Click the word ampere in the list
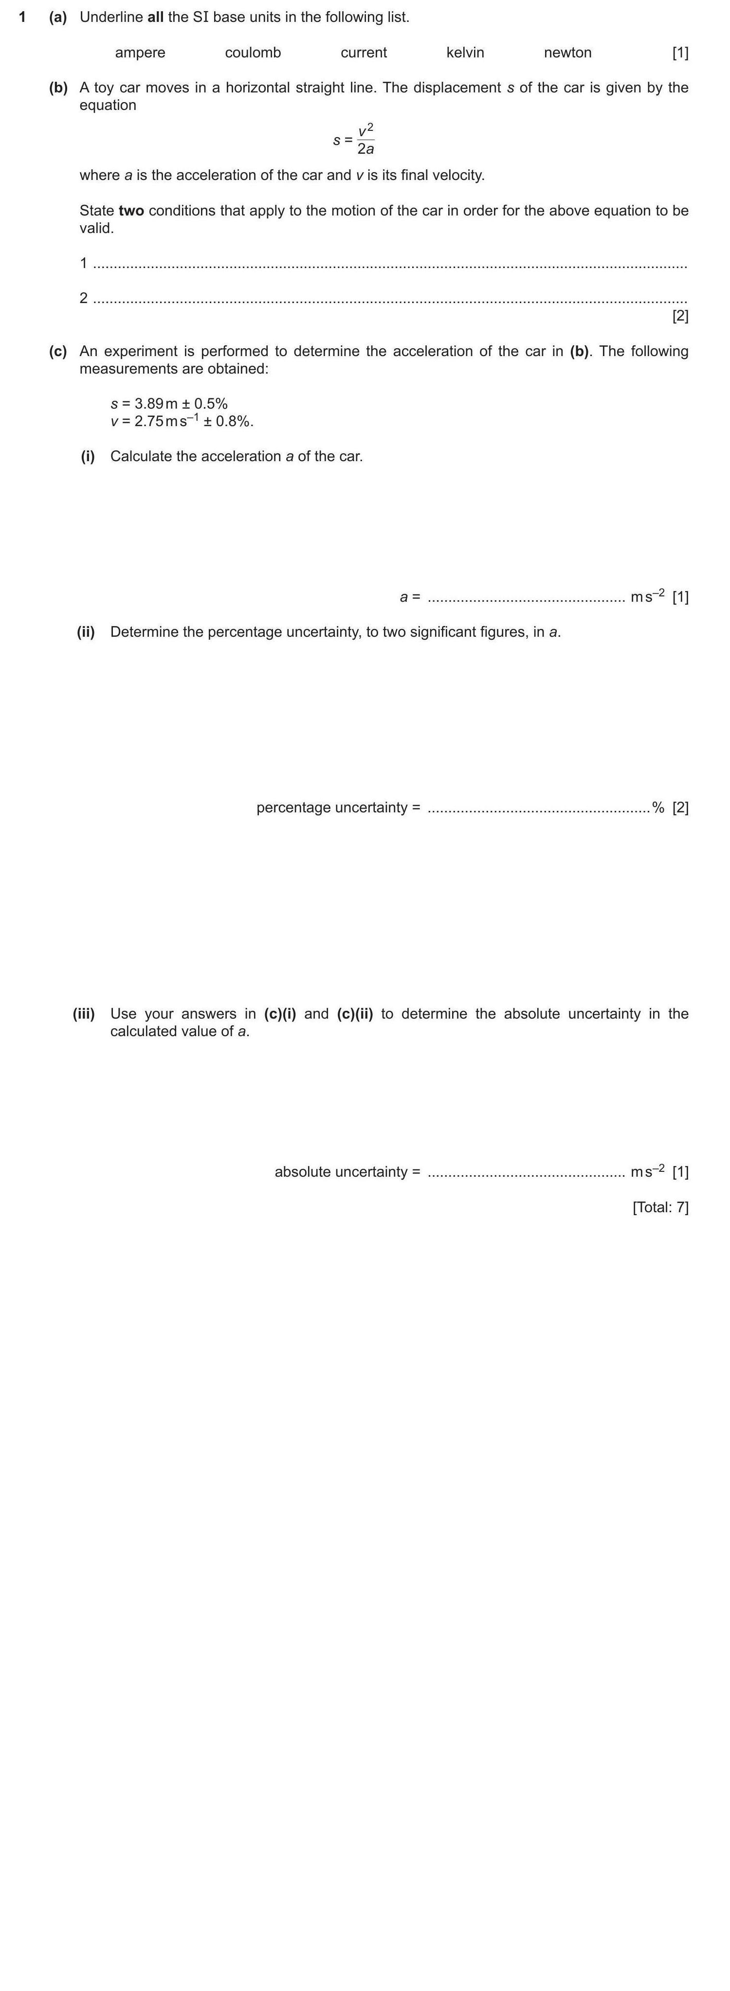pyautogui.click(x=140, y=53)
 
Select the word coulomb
pyautogui.click(x=253, y=53)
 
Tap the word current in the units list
pyautogui.click(x=364, y=53)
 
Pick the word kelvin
pyautogui.click(x=466, y=53)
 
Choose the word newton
pyautogui.click(x=567, y=53)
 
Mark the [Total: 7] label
pyautogui.click(x=659, y=1207)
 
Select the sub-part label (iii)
pyautogui.click(x=84, y=1013)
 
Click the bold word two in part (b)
pyautogui.click(x=131, y=210)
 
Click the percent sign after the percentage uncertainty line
pyautogui.click(x=658, y=807)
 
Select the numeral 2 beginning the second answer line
pyautogui.click(x=84, y=298)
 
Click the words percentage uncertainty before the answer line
pyautogui.click(x=332, y=807)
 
